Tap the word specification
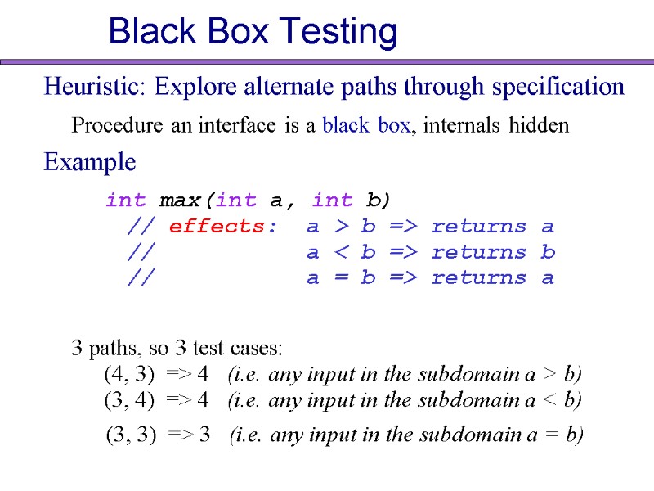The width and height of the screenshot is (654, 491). [x=555, y=86]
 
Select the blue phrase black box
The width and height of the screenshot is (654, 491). [x=367, y=126]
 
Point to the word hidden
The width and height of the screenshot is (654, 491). [x=538, y=126]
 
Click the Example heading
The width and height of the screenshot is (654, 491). [x=90, y=162]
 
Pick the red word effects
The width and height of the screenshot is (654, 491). [x=217, y=226]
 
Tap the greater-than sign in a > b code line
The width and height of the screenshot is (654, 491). [x=339, y=226]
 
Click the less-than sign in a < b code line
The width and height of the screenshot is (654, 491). [x=339, y=252]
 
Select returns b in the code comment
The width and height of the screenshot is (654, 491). [x=493, y=252]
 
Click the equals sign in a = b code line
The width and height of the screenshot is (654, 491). [x=339, y=277]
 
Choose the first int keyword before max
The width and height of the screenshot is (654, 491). [x=125, y=200]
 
